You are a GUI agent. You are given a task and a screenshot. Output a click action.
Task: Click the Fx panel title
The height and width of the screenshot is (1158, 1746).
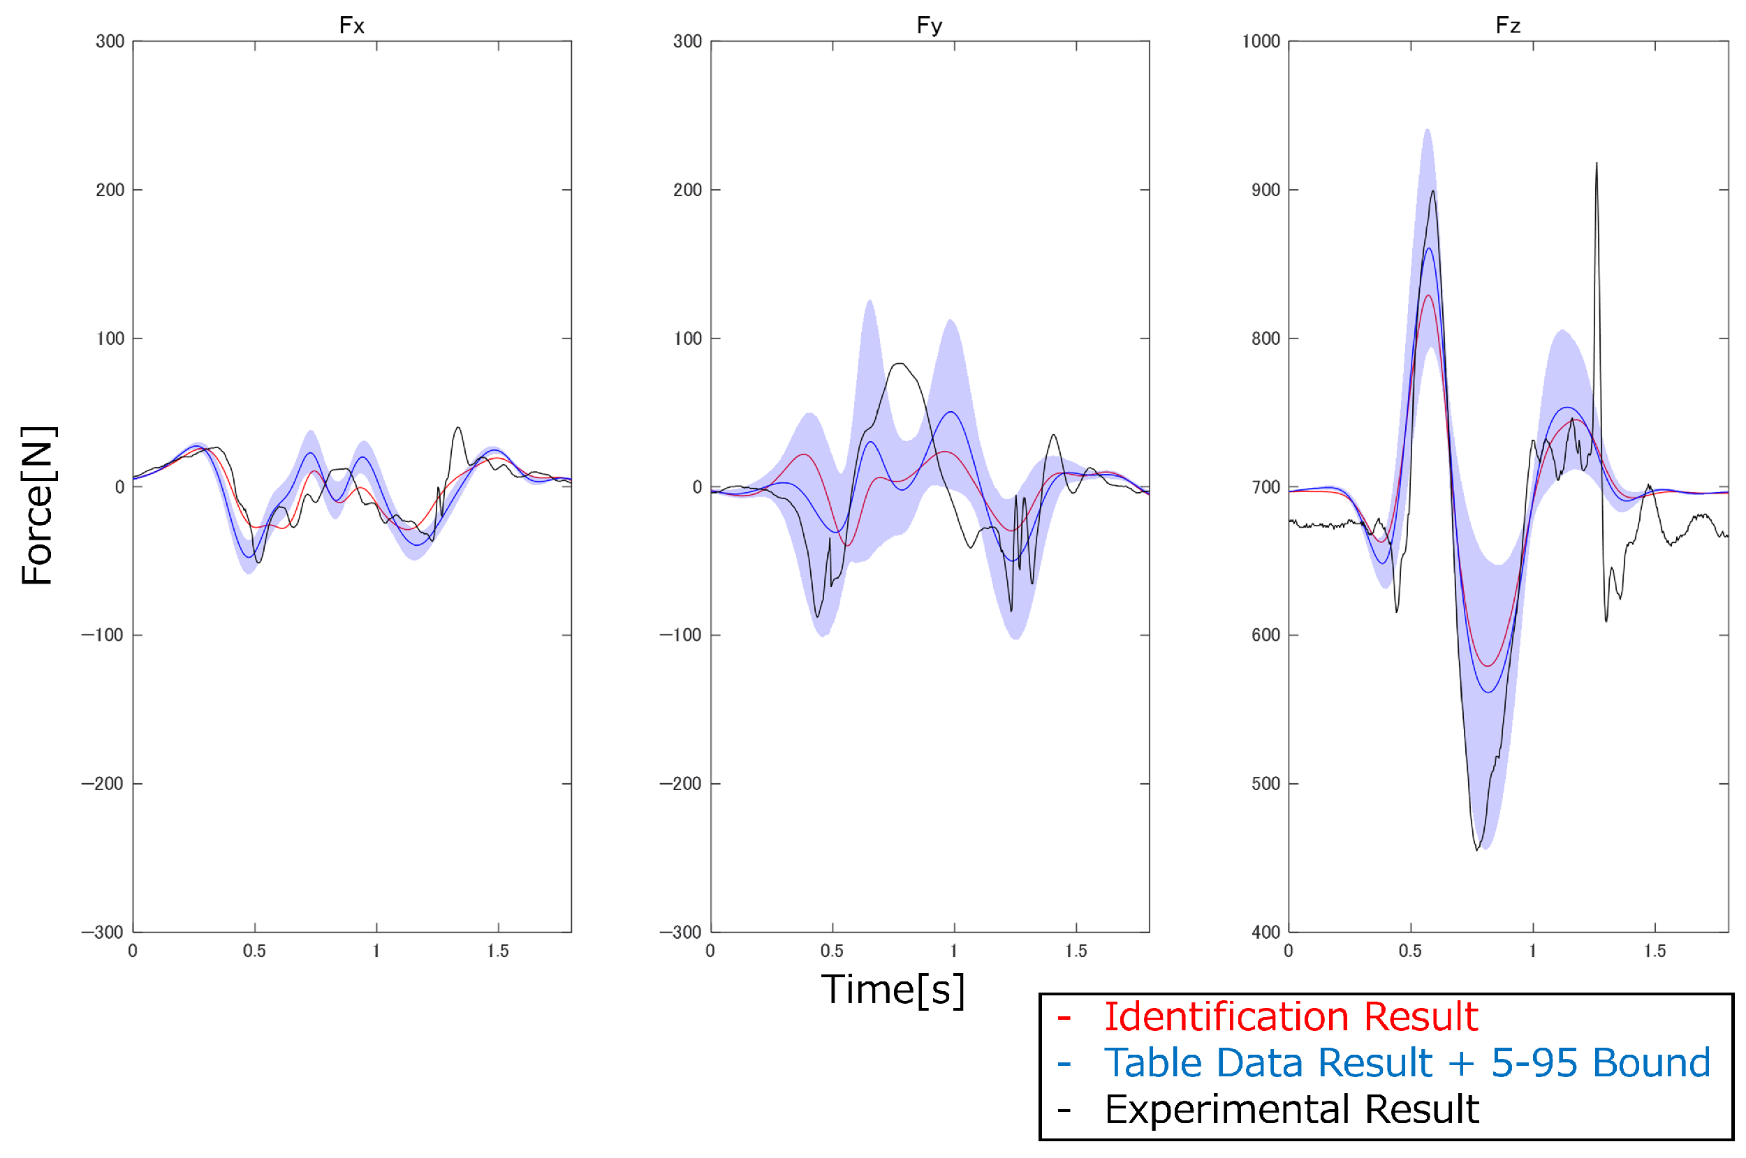[x=352, y=26]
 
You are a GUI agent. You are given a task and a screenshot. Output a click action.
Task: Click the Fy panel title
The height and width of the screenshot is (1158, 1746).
[x=930, y=26]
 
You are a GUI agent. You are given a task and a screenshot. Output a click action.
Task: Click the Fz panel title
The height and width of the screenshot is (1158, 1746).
[x=1508, y=26]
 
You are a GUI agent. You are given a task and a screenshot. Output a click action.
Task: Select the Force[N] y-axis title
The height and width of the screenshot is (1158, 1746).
[x=37, y=506]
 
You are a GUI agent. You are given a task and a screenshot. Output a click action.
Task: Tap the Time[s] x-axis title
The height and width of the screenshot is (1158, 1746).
[x=893, y=990]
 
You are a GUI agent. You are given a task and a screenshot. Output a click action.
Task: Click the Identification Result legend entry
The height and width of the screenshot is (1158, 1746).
[x=1290, y=1017]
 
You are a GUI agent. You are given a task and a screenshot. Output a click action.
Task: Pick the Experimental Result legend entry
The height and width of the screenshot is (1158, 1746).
[x=1291, y=1109]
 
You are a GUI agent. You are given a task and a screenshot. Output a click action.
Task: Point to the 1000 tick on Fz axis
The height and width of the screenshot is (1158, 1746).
[x=1261, y=41]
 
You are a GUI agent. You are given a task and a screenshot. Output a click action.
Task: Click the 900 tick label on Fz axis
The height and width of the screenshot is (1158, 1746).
[x=1265, y=190]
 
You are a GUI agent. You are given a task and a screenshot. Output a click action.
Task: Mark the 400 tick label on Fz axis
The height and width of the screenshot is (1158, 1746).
[x=1265, y=932]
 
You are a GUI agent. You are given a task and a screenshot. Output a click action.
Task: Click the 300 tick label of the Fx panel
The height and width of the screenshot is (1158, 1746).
[x=110, y=41]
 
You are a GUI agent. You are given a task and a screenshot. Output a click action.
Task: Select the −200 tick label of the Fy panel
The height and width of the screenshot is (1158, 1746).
[x=680, y=784]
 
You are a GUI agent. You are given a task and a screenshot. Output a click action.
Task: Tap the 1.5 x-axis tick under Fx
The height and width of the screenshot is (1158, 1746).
[x=498, y=951]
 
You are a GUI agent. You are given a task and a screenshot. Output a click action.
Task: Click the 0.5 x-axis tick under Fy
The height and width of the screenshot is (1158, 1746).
[x=832, y=951]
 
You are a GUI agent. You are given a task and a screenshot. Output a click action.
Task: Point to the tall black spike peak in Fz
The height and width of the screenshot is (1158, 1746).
[x=1597, y=164]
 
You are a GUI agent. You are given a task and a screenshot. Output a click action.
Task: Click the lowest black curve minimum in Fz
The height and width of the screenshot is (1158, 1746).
[x=1477, y=850]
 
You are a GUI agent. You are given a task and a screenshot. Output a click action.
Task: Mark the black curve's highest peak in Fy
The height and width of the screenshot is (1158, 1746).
[x=900, y=364]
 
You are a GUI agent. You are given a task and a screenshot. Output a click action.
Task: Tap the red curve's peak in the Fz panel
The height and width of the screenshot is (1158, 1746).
[x=1429, y=295]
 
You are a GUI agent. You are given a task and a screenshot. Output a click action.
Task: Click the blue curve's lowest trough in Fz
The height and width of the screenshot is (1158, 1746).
[x=1488, y=692]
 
